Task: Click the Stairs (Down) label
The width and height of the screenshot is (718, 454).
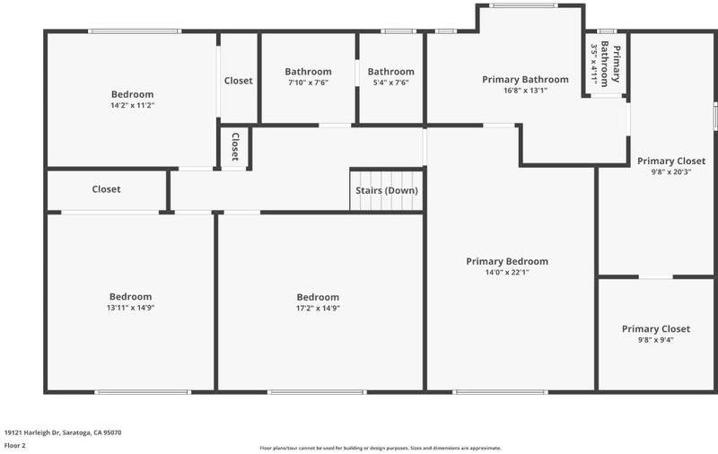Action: point(387,190)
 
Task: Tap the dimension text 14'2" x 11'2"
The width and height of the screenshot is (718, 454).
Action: point(132,105)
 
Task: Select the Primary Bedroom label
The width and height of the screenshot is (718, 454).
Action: point(507,261)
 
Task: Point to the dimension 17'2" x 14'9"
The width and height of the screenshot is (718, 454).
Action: point(318,308)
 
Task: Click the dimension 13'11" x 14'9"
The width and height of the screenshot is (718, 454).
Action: point(130,308)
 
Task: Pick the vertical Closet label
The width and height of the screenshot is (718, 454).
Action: point(235,146)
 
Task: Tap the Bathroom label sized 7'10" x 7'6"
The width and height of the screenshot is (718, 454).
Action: point(308,72)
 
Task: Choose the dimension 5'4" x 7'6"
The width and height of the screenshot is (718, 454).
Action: point(390,83)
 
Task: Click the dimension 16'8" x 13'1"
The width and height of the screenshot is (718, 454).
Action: point(525,91)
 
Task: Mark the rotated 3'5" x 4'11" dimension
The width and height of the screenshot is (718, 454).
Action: point(594,64)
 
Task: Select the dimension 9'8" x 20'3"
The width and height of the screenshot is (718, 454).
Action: point(670,172)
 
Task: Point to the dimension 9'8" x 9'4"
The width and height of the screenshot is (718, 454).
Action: point(656,340)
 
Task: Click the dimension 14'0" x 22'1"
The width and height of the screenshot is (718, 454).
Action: point(507,272)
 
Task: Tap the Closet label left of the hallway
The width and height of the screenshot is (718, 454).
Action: point(106,189)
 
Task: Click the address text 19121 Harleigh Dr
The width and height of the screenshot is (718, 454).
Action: point(31,432)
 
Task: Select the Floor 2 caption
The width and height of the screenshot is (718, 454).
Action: point(15,445)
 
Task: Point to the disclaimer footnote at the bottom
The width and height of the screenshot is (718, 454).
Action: point(381,448)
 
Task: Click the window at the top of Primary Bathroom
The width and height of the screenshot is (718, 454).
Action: point(523,5)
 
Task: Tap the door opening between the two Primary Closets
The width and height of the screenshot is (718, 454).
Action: point(656,277)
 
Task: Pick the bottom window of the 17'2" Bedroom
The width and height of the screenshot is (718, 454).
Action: point(317,392)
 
